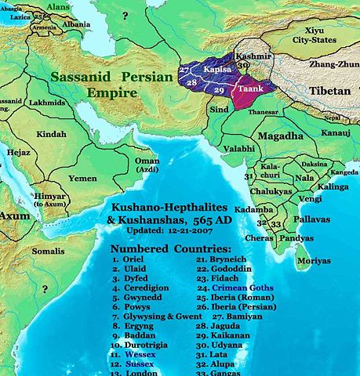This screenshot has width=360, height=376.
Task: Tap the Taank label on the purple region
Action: coord(251,90)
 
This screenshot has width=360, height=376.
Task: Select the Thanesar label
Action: coord(264,112)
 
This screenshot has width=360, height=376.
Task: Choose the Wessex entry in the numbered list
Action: coord(138,353)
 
